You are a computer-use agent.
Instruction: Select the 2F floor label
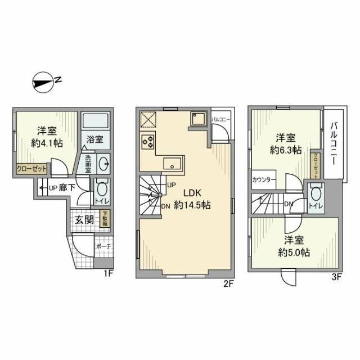[228, 283]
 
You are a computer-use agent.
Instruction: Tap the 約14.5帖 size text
[192, 206]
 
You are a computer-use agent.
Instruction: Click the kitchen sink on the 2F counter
[172, 164]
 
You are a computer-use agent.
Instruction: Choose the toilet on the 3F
[315, 196]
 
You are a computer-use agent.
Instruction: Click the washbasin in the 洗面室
[102, 164]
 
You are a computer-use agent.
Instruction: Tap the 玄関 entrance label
[84, 219]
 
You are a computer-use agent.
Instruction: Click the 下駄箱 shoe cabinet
[105, 219]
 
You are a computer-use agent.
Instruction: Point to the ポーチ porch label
[103, 247]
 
